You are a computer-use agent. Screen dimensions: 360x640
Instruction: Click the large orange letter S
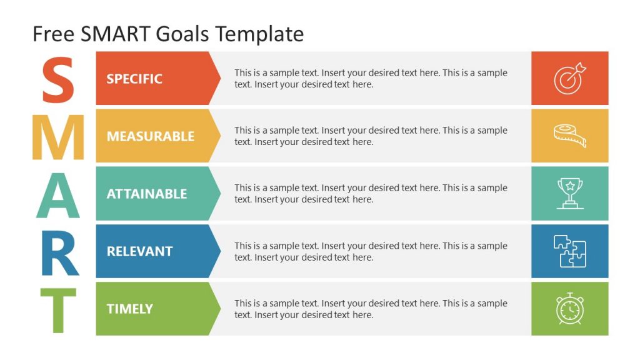(57, 79)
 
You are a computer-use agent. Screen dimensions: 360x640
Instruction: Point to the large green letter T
(58, 310)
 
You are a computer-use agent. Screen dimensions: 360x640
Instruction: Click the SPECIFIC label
(134, 79)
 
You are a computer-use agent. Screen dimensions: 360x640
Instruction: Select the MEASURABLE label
(151, 136)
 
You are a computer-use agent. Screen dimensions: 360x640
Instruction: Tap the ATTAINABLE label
(147, 194)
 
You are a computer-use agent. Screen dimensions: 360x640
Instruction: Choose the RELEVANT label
(139, 251)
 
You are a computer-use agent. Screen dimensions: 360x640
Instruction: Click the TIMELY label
(130, 309)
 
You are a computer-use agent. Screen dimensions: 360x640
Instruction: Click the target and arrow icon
(569, 78)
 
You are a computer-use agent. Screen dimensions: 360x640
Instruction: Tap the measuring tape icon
(569, 136)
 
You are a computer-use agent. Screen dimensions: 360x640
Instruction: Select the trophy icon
(569, 193)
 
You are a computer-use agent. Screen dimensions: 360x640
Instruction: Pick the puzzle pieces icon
(569, 251)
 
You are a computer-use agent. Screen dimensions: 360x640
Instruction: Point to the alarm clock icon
(569, 309)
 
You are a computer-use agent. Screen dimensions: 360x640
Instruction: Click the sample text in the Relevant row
(371, 251)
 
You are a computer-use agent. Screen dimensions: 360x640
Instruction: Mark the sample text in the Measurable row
(371, 136)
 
